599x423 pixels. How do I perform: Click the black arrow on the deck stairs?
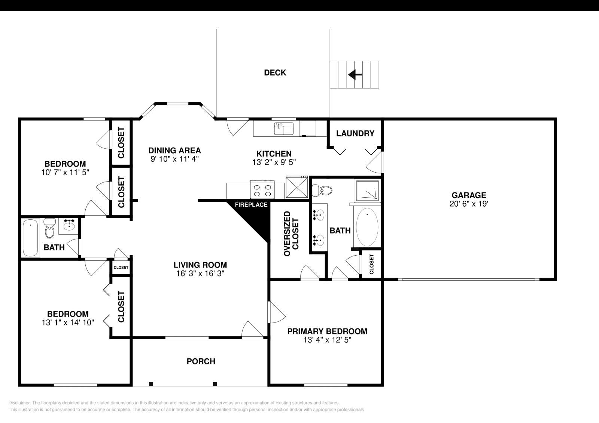[355, 75]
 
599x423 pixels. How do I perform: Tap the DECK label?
[275, 73]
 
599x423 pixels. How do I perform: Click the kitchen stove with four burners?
[262, 190]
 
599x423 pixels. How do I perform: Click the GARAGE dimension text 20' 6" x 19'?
[469, 204]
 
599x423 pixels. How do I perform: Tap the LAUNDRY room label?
[355, 133]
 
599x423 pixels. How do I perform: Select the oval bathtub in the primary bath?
[367, 227]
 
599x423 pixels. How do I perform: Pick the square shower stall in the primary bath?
[367, 191]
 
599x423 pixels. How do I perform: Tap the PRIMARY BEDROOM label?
[327, 331]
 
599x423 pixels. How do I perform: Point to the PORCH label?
[201, 361]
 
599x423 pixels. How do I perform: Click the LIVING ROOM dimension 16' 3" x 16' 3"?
[200, 274]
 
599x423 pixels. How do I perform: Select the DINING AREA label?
[174, 151]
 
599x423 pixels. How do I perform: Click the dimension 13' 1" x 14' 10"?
[68, 322]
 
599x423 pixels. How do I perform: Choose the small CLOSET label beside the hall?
[121, 268]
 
